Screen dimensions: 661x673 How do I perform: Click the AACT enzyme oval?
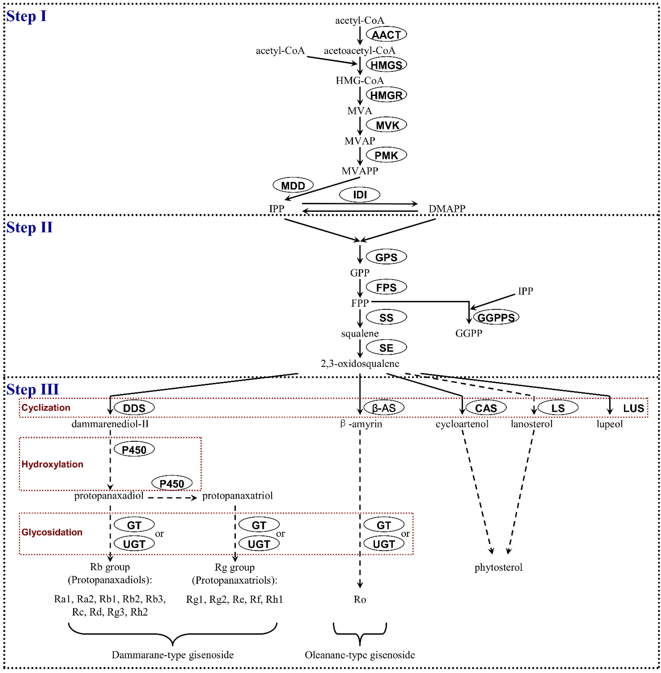point(386,34)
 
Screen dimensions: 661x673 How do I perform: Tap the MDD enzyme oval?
point(293,185)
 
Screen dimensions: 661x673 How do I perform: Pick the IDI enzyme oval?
point(360,194)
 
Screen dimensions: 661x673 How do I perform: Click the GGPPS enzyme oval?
point(496,317)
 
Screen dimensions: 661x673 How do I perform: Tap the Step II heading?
point(30,228)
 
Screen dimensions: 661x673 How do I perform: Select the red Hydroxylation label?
point(52,464)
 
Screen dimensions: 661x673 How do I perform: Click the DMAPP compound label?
point(447,209)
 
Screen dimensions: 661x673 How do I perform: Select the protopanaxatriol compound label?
point(237,495)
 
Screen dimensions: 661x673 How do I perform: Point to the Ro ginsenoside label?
point(360,599)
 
